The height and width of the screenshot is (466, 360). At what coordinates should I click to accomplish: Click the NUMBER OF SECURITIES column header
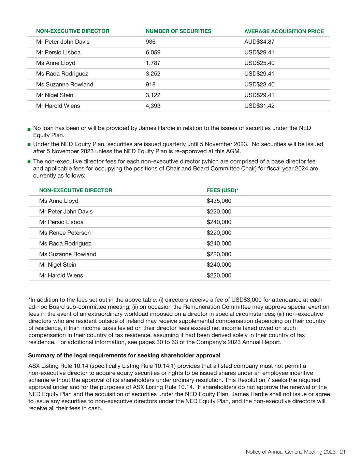click(x=178, y=31)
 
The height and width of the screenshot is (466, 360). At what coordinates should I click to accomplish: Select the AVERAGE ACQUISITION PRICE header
click(x=284, y=31)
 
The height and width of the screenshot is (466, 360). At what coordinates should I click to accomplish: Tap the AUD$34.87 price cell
click(x=259, y=42)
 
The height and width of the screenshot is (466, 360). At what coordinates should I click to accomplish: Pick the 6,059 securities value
click(x=153, y=52)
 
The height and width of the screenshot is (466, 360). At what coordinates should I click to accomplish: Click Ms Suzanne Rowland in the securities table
click(x=64, y=84)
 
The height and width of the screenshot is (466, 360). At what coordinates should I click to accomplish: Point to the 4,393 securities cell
click(x=153, y=106)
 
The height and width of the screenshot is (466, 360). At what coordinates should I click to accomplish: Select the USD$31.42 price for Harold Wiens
click(x=259, y=106)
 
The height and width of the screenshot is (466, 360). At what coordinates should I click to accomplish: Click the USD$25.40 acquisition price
click(x=259, y=63)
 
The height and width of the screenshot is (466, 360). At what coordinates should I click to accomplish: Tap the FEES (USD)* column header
click(x=222, y=190)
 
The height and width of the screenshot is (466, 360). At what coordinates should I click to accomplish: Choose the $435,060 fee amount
click(x=219, y=201)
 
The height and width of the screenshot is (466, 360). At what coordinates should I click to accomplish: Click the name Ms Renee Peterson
click(x=65, y=233)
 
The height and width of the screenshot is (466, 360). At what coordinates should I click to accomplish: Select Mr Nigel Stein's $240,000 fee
click(x=219, y=265)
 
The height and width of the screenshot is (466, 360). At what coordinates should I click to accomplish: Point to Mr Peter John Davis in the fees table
click(x=66, y=211)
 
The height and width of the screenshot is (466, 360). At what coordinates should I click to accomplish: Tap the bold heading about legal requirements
click(x=124, y=355)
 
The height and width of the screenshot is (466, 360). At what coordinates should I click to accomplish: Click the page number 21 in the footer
click(x=343, y=452)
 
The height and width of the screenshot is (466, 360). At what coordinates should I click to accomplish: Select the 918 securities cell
click(x=150, y=84)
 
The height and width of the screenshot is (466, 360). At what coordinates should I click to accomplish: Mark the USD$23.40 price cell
click(x=259, y=84)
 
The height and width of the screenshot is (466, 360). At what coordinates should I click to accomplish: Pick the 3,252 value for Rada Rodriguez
click(x=153, y=74)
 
